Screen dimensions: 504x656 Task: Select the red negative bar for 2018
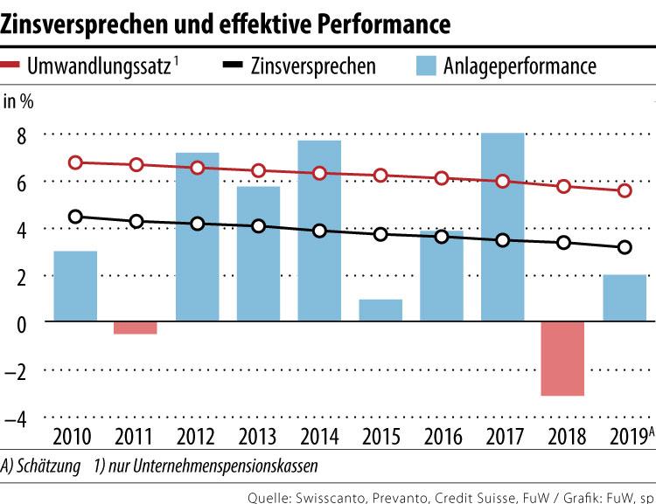point(563,359)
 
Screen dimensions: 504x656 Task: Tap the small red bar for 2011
point(136,328)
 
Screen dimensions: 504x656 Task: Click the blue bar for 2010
point(76,287)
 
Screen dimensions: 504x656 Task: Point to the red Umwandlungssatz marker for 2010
point(76,162)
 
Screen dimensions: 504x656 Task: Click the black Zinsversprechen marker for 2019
point(625,248)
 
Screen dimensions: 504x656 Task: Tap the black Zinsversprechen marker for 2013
point(259,226)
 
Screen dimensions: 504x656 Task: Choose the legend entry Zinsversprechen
point(311,66)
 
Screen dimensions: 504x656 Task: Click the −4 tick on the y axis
point(17,418)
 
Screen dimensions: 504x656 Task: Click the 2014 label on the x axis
point(319,435)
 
